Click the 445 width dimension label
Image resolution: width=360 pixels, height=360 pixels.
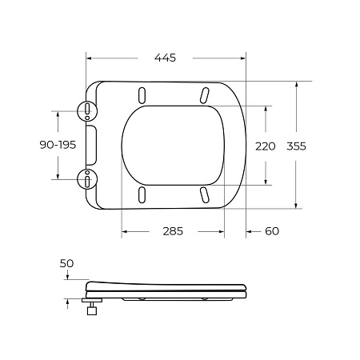click(165, 58)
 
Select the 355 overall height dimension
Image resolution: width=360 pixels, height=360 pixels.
click(296, 146)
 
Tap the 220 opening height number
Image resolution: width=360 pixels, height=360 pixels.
click(265, 146)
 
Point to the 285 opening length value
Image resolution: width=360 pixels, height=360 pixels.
click(173, 231)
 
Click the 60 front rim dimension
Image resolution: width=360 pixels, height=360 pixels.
click(272, 231)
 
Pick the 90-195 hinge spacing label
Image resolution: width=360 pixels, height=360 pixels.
click(58, 145)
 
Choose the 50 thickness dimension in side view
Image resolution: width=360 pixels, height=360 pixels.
click(66, 263)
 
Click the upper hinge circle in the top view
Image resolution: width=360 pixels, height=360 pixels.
click(87, 111)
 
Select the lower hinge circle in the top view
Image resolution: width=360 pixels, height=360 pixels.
click(87, 179)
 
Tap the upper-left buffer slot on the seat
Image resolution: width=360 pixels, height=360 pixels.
click(142, 95)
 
